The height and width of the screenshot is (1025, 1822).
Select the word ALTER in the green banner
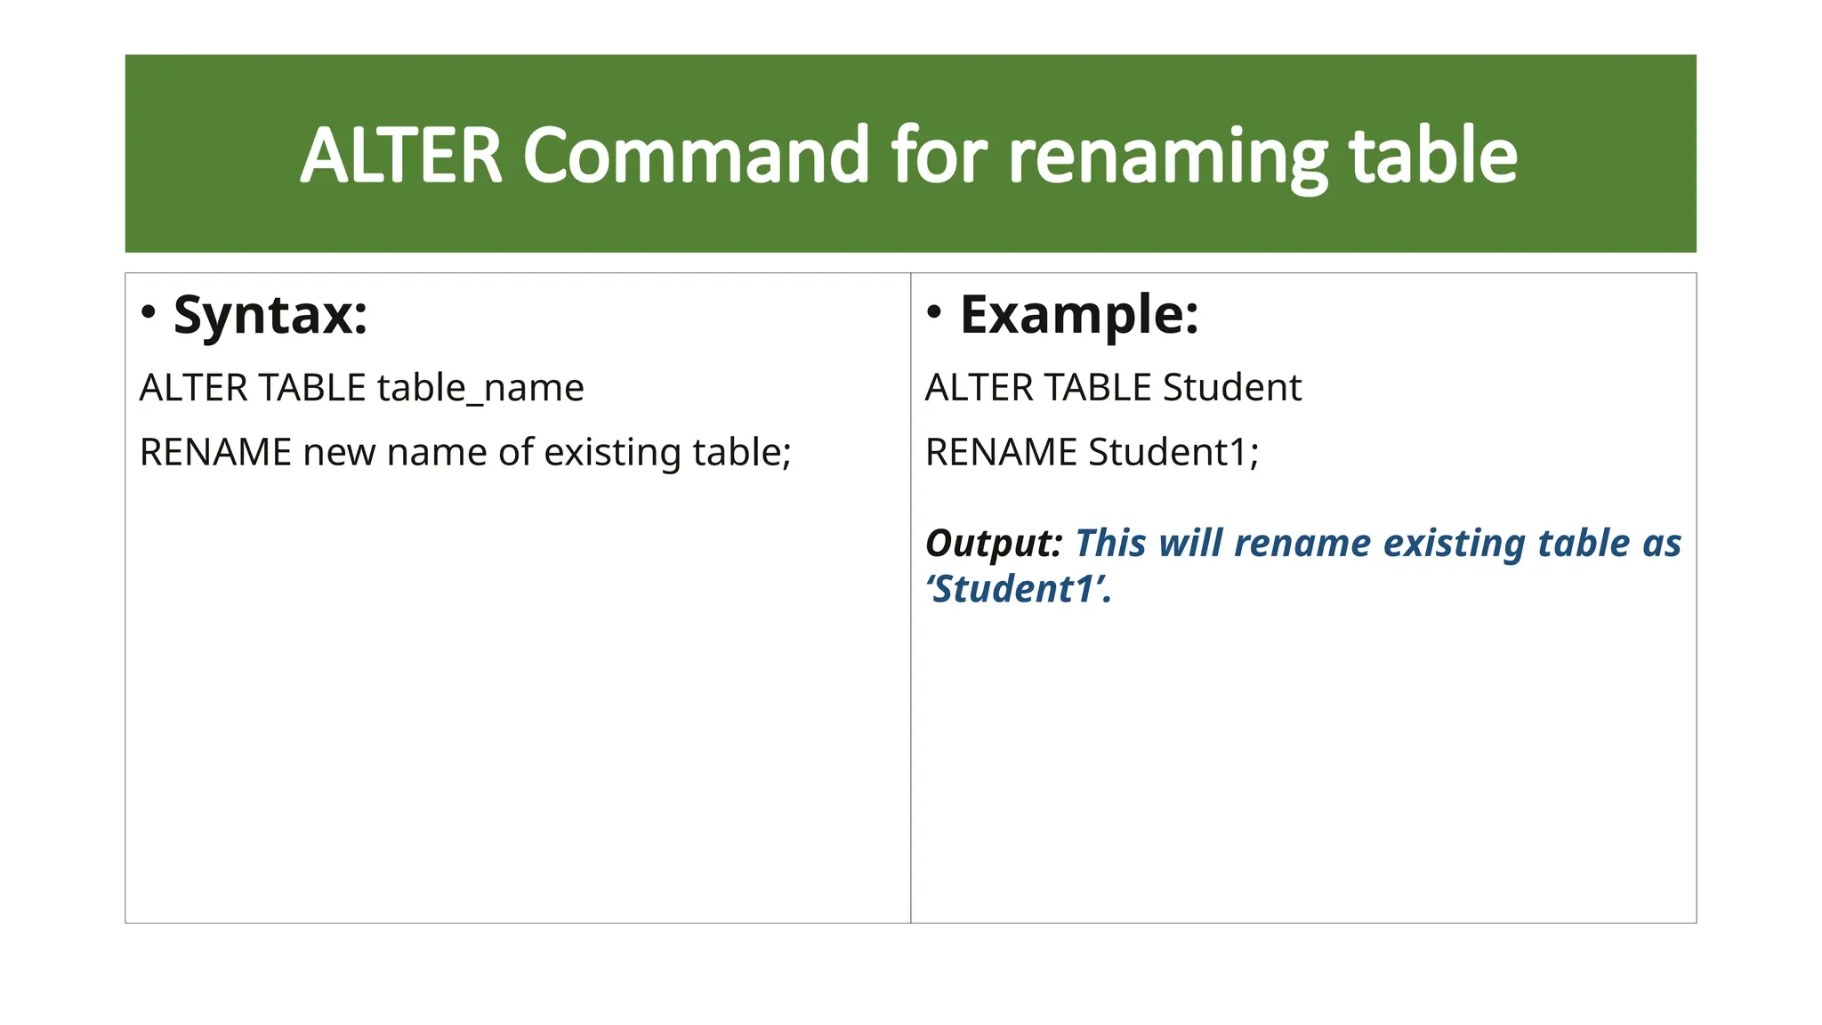tap(401, 156)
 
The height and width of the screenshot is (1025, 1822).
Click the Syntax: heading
tap(270, 314)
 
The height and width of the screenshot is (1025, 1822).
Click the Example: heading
tap(1079, 314)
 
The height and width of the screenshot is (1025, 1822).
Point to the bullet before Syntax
tap(149, 312)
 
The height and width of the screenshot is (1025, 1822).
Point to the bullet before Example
tap(934, 312)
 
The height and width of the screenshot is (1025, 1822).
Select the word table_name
tap(480, 388)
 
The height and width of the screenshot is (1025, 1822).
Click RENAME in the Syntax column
tap(215, 452)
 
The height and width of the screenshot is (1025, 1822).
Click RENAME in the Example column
tap(1001, 452)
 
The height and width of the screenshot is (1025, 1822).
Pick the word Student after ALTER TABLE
tap(1231, 388)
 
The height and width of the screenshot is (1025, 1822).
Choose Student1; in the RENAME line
tap(1173, 452)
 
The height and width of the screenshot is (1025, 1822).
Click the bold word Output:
tap(994, 543)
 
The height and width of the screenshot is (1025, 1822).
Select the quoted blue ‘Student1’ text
tap(1018, 589)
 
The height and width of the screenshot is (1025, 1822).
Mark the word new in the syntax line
tap(337, 452)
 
